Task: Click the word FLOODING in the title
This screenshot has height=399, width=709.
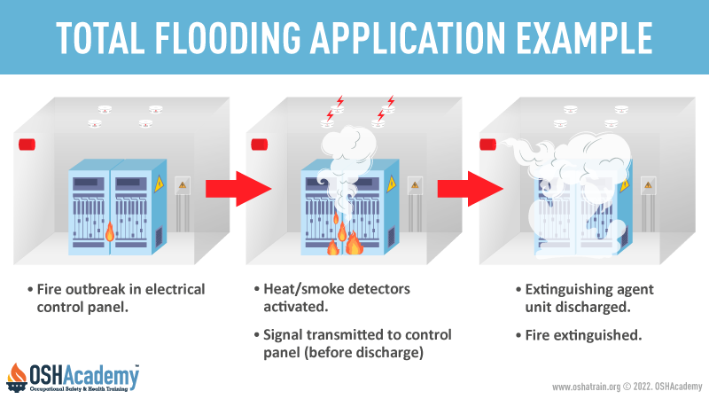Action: coord(228,37)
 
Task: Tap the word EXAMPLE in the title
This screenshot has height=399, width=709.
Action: coord(584,37)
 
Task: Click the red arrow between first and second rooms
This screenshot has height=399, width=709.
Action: coord(238,189)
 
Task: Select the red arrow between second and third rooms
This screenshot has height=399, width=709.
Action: coord(471,189)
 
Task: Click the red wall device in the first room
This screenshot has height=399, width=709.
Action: coord(27,145)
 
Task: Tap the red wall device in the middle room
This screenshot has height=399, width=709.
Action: coord(259,145)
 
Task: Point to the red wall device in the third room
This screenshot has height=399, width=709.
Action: coord(487,145)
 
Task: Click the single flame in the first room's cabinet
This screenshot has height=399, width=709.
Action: coord(109,231)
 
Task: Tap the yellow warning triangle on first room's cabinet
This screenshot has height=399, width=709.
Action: coord(160,184)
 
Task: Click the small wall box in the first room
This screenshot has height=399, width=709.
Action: coord(183,185)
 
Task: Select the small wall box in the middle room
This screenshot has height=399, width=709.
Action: coord(415,185)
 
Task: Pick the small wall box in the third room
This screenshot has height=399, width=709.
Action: coord(648,185)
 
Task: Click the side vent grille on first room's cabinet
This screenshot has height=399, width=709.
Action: coord(159,237)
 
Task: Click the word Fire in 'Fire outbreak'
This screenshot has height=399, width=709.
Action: coord(49,289)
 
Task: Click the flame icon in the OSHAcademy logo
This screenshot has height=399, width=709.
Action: coord(17,375)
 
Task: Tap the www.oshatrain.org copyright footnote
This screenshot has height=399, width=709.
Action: coord(627,387)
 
